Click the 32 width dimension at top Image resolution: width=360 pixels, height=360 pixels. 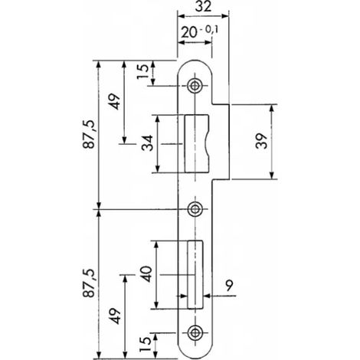pos(204,7)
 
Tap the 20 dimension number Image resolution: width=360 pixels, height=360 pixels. pos(189,32)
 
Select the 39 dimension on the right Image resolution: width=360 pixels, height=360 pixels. pos(261,141)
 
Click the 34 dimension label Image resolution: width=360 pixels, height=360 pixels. pos(147,143)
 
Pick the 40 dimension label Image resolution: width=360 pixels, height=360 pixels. pos(146,274)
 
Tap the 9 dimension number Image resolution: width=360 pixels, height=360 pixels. pos(229,286)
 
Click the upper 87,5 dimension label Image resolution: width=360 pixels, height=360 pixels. pos(89,134)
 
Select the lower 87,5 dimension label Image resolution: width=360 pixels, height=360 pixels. pos(89,283)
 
